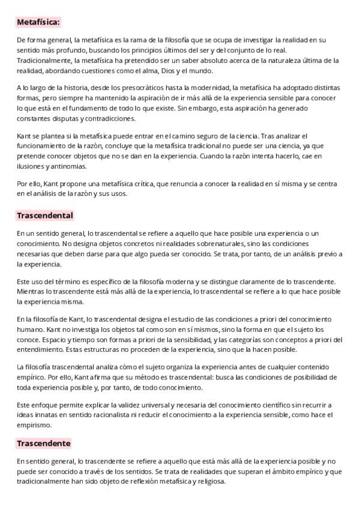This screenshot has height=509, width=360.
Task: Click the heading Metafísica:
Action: coord(38,22)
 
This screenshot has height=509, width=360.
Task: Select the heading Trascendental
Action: coord(45,215)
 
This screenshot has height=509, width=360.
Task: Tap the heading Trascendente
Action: coord(44,444)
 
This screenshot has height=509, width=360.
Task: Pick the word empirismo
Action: coord(34,425)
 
